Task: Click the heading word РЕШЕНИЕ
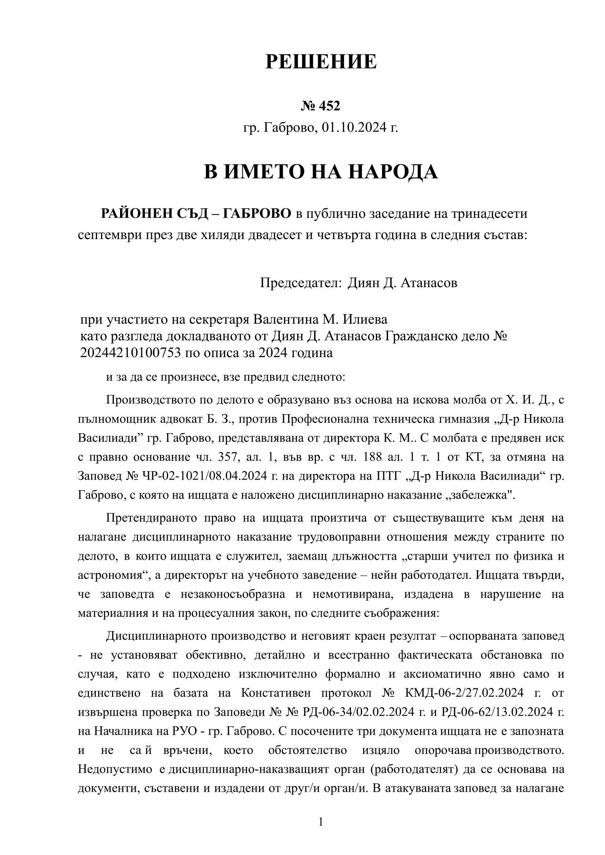click(321, 62)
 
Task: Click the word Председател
click(301, 283)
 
